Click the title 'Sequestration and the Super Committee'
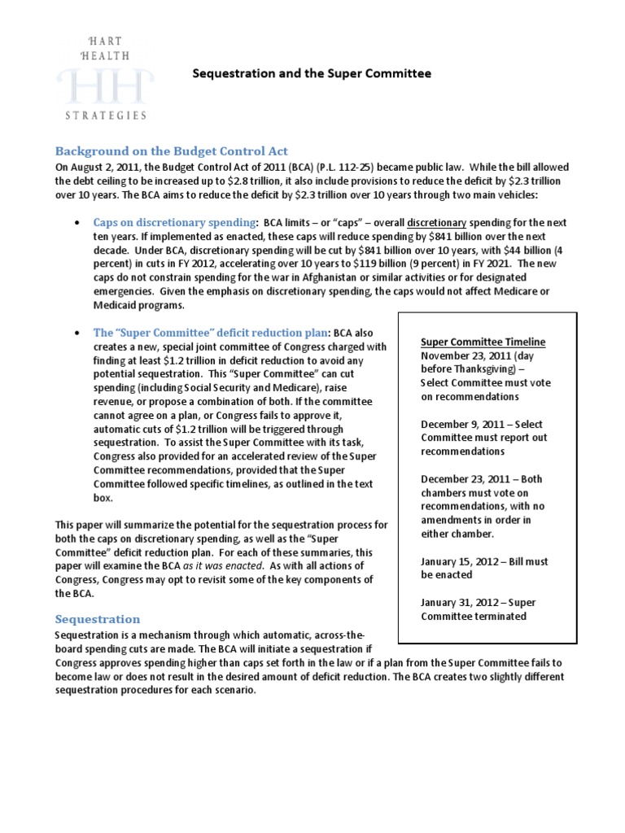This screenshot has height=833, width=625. pos(311,74)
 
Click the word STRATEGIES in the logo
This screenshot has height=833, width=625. pos(106,116)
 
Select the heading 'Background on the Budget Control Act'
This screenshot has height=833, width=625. pos(171,151)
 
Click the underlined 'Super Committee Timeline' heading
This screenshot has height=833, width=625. pos(483,342)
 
